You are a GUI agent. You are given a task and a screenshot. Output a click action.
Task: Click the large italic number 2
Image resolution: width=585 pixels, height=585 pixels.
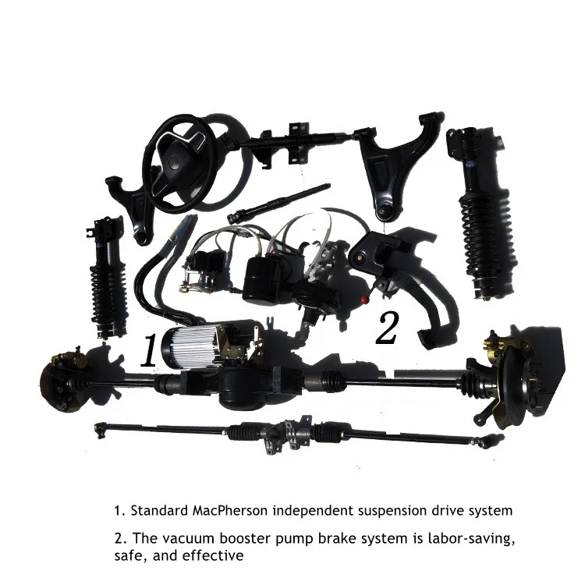click(386, 328)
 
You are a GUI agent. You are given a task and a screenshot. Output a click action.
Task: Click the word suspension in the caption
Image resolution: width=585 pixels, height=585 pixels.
click(360, 512)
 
